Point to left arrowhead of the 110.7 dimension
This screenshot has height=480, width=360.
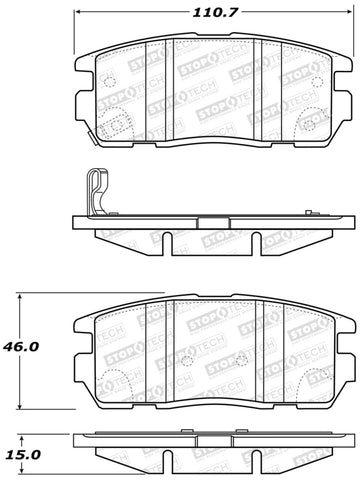point(79,14)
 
